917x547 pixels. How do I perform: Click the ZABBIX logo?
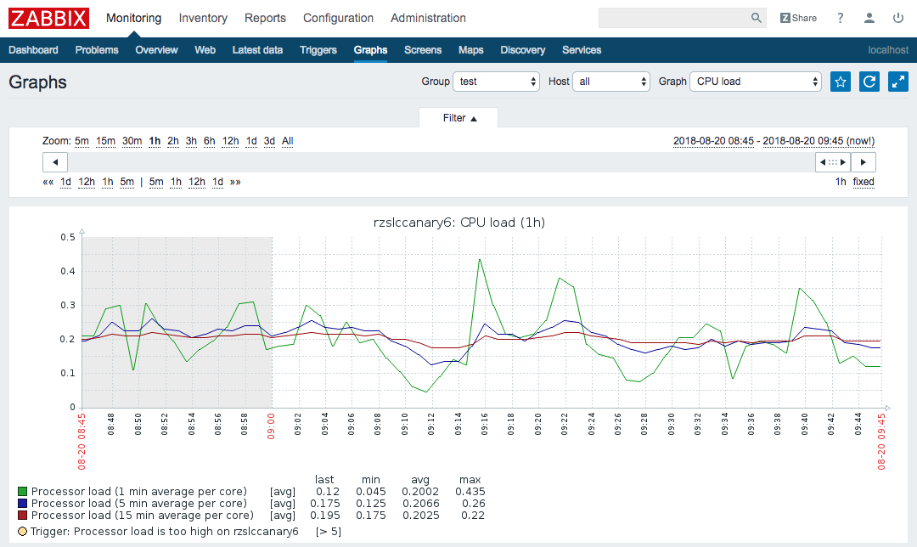[x=49, y=18]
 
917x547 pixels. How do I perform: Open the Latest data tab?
[x=257, y=50]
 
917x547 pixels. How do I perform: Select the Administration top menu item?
[x=428, y=18]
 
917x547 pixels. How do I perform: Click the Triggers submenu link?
[x=318, y=50]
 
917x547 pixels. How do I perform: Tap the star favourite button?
[x=841, y=82]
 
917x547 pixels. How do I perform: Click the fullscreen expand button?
[x=898, y=82]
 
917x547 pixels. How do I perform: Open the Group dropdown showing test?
[x=497, y=82]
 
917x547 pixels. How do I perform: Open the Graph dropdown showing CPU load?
[x=756, y=82]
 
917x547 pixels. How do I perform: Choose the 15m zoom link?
[x=105, y=141]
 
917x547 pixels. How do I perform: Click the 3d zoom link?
[x=269, y=141]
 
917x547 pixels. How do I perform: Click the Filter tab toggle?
[x=459, y=118]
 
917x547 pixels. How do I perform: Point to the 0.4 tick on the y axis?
[x=69, y=272]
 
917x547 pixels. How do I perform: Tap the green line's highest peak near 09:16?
[x=480, y=259]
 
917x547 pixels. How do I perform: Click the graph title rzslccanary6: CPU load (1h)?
[x=459, y=223]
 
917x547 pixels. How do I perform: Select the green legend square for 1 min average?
[x=23, y=492]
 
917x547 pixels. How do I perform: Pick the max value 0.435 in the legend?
[x=470, y=492]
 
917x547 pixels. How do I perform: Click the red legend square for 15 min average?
[x=23, y=516]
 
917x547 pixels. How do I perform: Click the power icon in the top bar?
[x=898, y=18]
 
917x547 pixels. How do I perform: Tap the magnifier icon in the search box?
[x=757, y=18]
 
